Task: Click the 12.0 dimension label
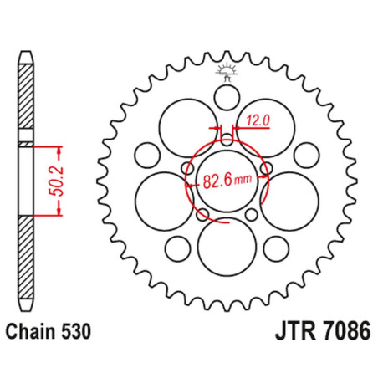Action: coord(258,120)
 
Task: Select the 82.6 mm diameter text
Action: coord(227,181)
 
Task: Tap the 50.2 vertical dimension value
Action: coord(58,181)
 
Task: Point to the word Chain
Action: coord(31,331)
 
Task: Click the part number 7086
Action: coord(347,331)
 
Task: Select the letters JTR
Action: coord(295,331)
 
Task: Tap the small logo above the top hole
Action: coord(227,72)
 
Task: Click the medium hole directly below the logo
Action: coord(227,98)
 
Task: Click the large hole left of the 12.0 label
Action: coord(188,128)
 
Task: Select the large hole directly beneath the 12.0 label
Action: coord(265,128)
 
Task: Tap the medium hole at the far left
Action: coord(147,156)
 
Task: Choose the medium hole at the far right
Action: coord(307,156)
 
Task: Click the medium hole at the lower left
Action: coord(177,249)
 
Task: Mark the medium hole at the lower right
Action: coord(276,249)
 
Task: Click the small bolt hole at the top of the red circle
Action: coord(227,140)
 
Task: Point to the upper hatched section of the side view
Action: coord(26,96)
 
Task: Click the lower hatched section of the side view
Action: coord(26,258)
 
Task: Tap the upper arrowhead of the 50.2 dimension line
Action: coord(59,151)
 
